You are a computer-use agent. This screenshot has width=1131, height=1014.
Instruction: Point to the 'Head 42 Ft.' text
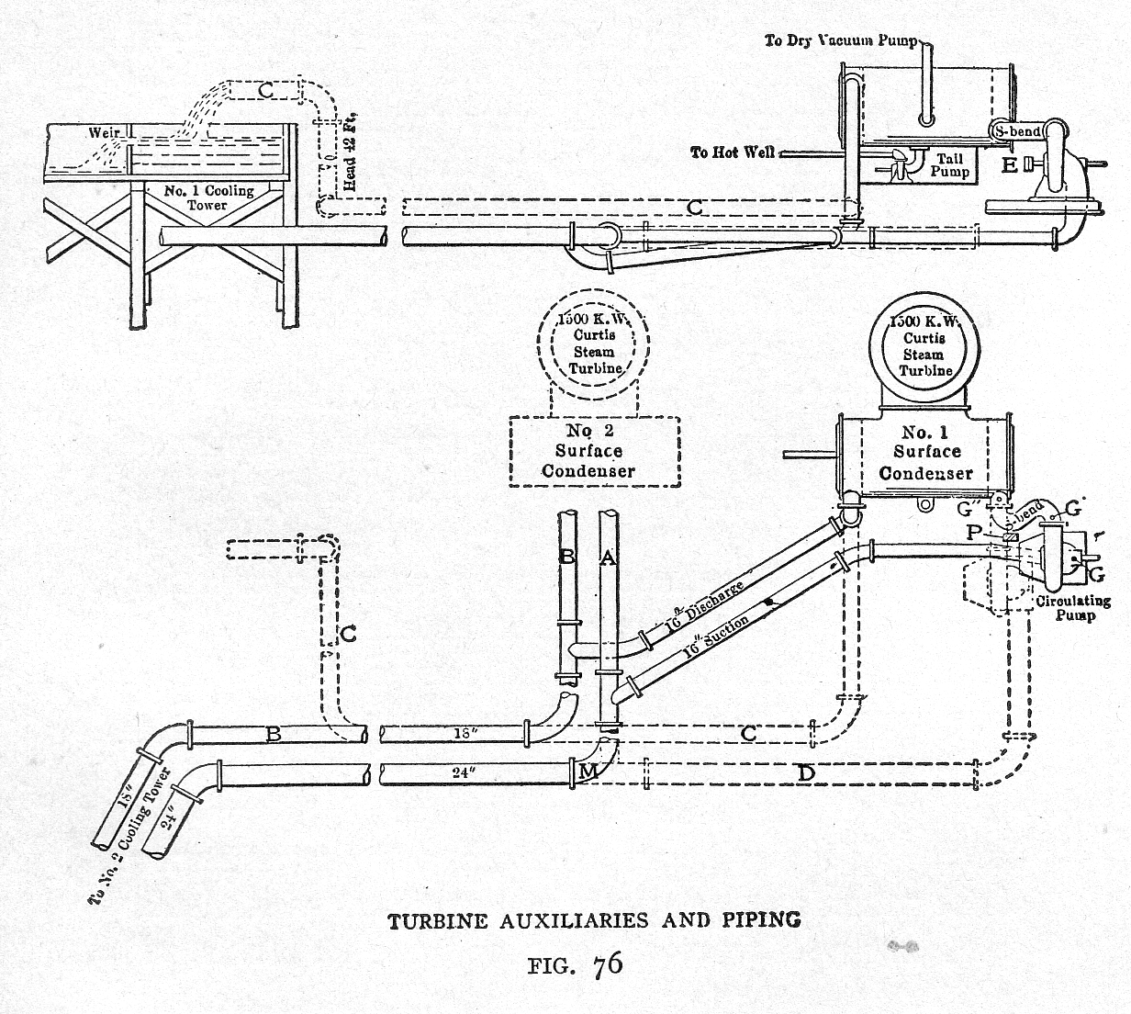[350, 153]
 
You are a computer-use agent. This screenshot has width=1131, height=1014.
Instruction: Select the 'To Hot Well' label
[733, 152]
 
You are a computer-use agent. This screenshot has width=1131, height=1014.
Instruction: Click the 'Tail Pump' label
[949, 165]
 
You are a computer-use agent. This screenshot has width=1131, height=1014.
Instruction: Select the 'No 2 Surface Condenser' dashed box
[594, 451]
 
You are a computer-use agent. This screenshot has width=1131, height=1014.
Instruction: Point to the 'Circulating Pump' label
[1073, 608]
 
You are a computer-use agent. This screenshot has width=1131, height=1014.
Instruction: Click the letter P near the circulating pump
[975, 533]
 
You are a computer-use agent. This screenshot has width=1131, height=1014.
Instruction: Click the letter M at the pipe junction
[588, 773]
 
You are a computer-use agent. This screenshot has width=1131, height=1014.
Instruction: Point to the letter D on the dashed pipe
[805, 773]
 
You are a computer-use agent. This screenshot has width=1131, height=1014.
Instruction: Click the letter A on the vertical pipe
[607, 557]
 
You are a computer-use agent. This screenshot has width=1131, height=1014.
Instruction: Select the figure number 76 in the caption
[608, 964]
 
